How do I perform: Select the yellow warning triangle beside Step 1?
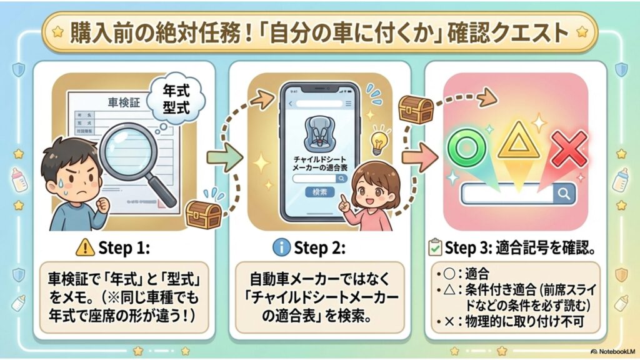pyautogui.click(x=85, y=247)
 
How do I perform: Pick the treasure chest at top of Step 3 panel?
pyautogui.click(x=416, y=110)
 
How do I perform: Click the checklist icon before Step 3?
pyautogui.click(x=435, y=247)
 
